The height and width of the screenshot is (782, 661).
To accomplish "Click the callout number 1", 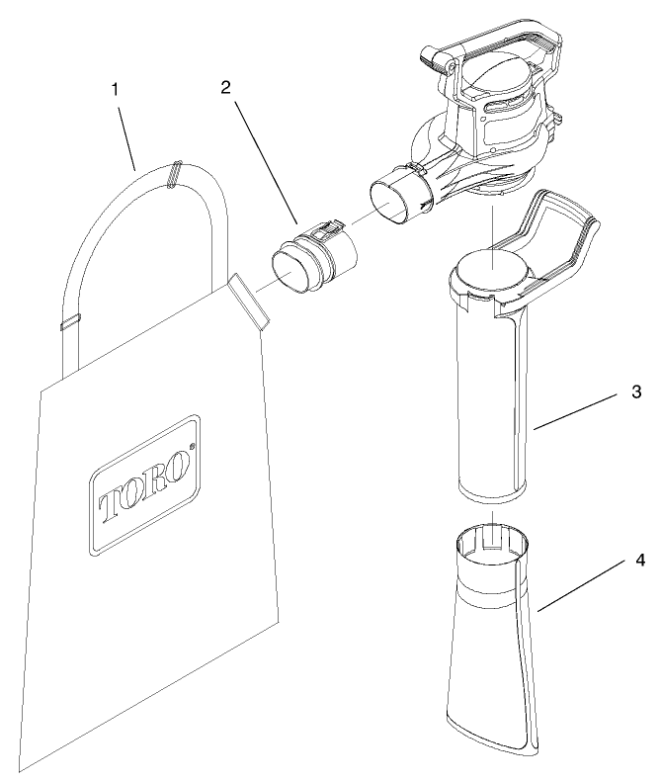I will [116, 89].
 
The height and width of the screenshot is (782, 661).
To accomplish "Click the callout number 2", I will [226, 87].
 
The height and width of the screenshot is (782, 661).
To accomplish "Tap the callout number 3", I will [636, 392].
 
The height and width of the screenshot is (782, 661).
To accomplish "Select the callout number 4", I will [640, 561].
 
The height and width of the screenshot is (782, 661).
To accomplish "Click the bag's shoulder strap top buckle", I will [175, 174].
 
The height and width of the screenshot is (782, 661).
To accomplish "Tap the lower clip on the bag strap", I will [69, 321].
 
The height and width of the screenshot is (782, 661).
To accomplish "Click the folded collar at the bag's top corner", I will [245, 301].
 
